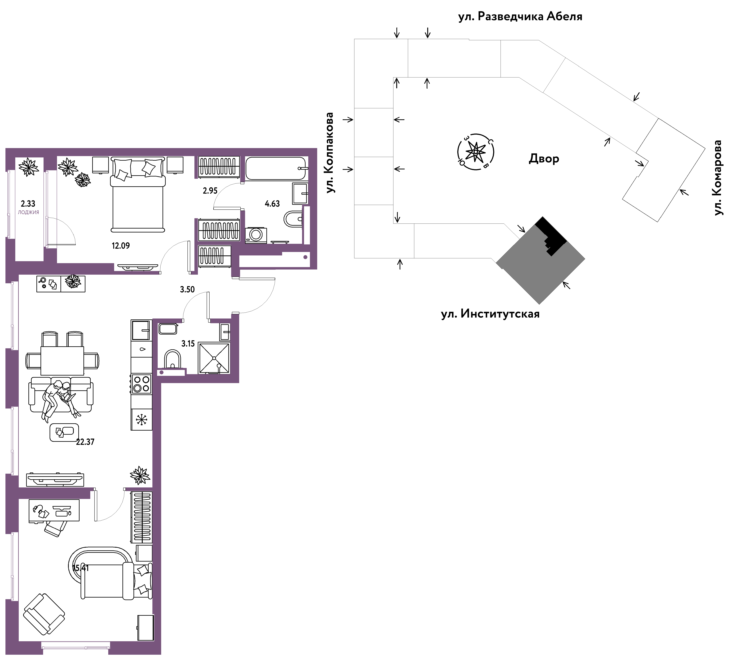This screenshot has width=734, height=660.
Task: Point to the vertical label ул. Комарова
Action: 718,178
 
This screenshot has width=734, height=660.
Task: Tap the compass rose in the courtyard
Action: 476,152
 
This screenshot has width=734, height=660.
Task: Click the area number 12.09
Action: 121,246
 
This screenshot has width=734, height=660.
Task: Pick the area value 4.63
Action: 272,204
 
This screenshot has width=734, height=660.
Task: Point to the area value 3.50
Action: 187,289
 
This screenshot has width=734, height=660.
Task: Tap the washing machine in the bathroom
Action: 256,235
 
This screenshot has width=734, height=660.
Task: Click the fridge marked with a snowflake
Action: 141,420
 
